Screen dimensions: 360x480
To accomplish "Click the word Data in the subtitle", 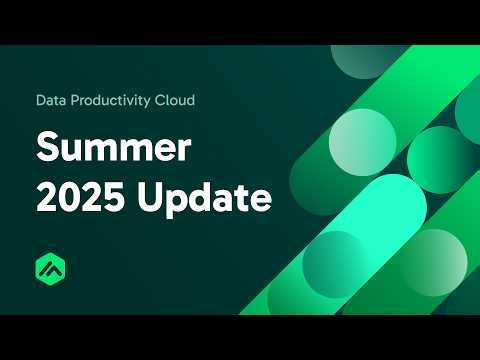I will (50, 101).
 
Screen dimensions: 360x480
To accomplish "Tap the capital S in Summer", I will (46, 148).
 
